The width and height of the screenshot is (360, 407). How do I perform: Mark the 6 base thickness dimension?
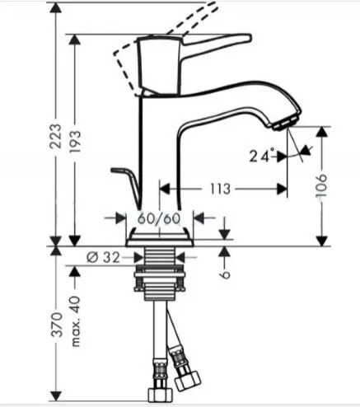click(x=224, y=269)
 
